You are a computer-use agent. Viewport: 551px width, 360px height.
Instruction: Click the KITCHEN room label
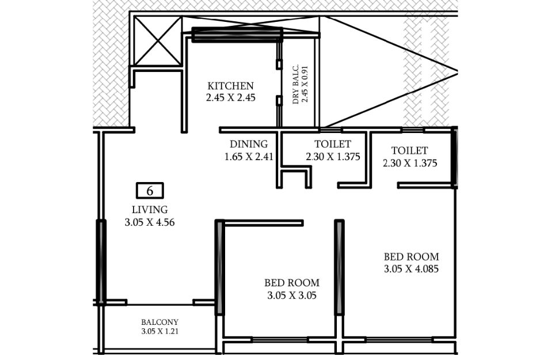230,86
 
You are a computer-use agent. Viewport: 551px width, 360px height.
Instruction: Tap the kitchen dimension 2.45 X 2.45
230,97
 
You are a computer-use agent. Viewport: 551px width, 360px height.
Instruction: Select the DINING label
249,144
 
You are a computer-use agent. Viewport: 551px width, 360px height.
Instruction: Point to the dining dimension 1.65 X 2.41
249,157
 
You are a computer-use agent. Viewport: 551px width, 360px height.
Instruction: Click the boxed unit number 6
150,191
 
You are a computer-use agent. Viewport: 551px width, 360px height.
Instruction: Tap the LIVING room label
150,210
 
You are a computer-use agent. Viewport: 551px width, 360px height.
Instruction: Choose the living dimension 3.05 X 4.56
150,222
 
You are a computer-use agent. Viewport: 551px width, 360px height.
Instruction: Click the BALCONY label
160,322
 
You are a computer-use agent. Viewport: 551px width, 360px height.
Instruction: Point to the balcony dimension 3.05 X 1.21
160,331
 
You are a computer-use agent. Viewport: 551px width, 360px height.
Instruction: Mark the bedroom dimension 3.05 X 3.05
292,295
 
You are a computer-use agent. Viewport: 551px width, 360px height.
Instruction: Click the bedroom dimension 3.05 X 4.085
411,269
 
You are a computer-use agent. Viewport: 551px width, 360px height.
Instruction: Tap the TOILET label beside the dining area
333,144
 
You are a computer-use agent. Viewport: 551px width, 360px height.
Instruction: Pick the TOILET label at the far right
410,150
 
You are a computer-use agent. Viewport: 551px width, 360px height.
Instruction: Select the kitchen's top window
237,35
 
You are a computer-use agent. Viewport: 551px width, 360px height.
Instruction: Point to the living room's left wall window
101,262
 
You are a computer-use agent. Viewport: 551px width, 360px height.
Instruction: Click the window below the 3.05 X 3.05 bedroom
280,340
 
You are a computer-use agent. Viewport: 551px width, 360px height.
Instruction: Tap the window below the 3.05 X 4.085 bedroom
399,340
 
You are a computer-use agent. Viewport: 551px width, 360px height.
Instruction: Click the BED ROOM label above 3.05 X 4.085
411,257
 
